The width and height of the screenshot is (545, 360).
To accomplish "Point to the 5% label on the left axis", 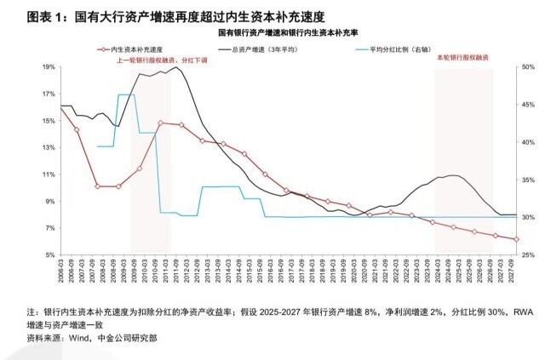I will (x=49, y=255).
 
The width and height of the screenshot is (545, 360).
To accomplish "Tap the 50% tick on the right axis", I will (x=527, y=66).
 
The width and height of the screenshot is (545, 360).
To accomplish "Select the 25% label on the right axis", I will (x=527, y=255).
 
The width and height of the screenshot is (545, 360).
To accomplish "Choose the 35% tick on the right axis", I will (x=527, y=180).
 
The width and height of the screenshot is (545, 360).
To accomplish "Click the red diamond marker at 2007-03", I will (x=77, y=129).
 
